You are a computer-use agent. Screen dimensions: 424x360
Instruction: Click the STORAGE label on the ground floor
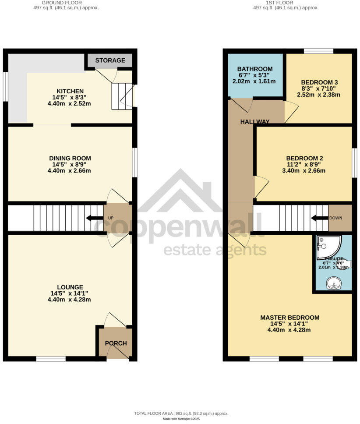[110, 60]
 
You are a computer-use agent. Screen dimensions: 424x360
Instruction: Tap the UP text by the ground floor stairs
[110, 218]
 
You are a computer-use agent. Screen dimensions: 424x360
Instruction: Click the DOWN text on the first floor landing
[336, 218]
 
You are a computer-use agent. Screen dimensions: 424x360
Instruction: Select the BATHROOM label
[255, 69]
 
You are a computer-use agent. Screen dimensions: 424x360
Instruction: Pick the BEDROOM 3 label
[319, 82]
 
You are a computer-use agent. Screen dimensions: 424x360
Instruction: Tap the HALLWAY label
[254, 121]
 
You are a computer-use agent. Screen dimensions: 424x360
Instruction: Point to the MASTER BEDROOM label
[289, 318]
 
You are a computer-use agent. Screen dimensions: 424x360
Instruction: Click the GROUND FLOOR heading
[65, 3]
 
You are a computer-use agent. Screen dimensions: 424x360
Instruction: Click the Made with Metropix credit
[181, 419]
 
